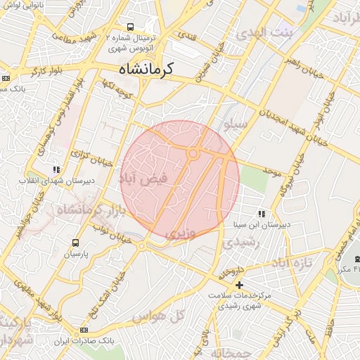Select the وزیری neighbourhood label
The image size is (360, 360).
click(x=179, y=231)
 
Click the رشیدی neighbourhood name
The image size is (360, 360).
click(x=242, y=242)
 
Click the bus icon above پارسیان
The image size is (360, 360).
click(x=75, y=243)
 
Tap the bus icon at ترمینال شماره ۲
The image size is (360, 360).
click(x=130, y=25)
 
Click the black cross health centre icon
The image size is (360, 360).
click(x=240, y=285)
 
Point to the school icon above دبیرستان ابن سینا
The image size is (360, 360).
click(x=261, y=213)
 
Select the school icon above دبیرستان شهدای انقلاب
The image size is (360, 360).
click(x=56, y=169)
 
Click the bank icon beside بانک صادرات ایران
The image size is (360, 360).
click(x=84, y=330)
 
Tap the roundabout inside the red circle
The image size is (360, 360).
click(x=193, y=153)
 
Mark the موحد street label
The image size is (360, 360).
click(x=272, y=171)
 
